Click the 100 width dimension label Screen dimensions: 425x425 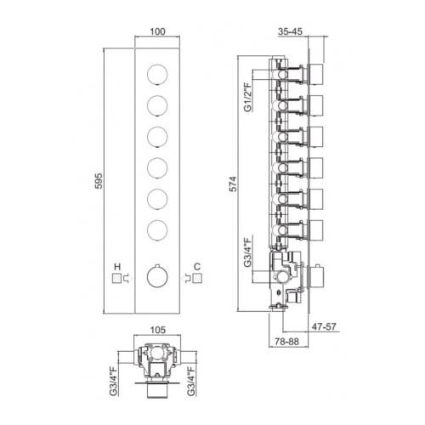pyautogui.click(x=157, y=31)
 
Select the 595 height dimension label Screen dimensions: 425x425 pyautogui.click(x=99, y=181)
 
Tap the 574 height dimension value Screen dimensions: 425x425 pyautogui.click(x=233, y=184)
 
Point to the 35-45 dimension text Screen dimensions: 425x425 pyautogui.click(x=290, y=31)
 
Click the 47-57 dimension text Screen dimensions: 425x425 pyautogui.click(x=324, y=326)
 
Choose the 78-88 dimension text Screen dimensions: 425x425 pyautogui.click(x=286, y=342)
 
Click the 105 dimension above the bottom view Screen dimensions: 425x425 pyautogui.click(x=157, y=330)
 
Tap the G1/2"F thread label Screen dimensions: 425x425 pyautogui.click(x=247, y=97)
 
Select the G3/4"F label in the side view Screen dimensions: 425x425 pyautogui.click(x=247, y=252)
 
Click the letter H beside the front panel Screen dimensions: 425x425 pyautogui.click(x=117, y=267)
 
